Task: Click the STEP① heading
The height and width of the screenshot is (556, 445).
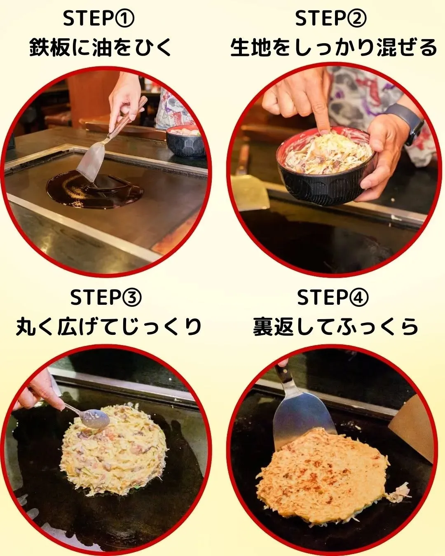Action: click(99, 19)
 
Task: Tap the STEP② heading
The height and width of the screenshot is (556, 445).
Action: click(330, 19)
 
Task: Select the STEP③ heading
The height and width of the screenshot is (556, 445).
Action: click(106, 297)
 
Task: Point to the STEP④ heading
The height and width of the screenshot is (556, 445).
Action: click(333, 297)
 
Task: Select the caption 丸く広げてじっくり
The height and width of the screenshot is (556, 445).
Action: click(108, 327)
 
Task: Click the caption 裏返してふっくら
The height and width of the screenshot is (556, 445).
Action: click(335, 327)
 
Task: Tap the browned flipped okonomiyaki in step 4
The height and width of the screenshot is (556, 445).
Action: click(323, 474)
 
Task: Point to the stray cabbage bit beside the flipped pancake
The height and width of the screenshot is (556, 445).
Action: click(399, 492)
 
